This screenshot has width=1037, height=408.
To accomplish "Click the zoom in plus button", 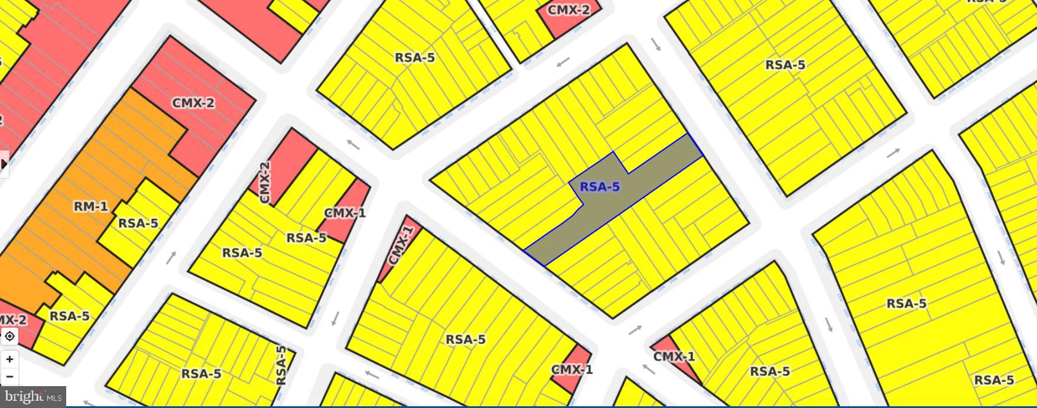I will (x=9, y=359).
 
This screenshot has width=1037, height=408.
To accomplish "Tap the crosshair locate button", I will (x=9, y=336).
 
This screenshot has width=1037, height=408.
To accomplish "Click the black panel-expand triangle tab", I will (x=4, y=164).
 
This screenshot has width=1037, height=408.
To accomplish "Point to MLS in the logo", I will (x=54, y=397).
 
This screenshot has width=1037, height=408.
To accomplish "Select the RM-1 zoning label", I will (x=90, y=206).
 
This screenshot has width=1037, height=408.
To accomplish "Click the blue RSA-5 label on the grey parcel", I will (x=599, y=187).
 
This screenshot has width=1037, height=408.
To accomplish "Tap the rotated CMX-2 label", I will (x=264, y=183).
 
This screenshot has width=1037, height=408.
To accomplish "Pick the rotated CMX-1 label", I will (x=400, y=245).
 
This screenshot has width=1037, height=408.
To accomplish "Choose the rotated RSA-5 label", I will (x=281, y=365).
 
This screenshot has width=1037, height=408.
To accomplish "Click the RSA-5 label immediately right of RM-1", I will (x=138, y=223).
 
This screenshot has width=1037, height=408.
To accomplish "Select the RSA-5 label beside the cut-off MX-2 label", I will (x=69, y=316).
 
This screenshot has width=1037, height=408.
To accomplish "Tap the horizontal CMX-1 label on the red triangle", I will (x=674, y=357).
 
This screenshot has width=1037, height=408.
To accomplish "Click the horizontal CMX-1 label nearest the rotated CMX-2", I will (x=345, y=213).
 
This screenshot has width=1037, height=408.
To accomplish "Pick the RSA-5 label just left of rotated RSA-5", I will (x=201, y=374).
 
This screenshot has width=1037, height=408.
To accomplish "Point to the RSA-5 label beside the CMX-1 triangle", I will (x=770, y=371).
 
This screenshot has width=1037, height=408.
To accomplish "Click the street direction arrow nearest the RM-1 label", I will (x=171, y=258).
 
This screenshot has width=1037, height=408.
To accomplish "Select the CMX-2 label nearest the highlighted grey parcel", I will (x=568, y=10).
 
